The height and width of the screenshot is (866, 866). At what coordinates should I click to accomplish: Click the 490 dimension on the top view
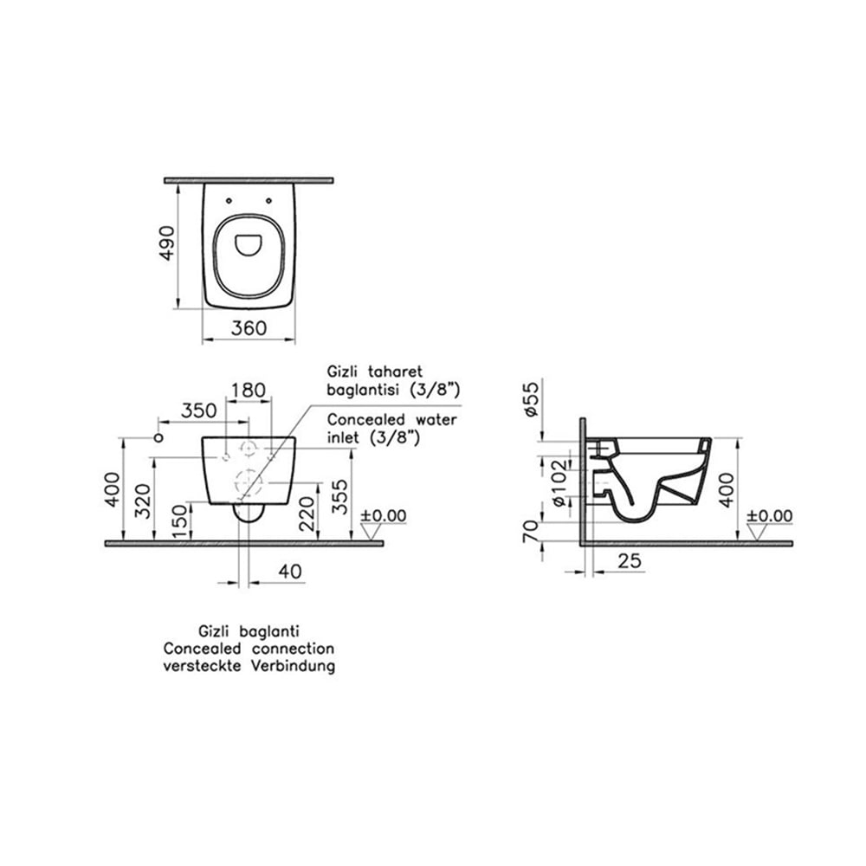(x=166, y=243)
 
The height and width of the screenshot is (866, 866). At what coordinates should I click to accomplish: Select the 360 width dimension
(x=249, y=328)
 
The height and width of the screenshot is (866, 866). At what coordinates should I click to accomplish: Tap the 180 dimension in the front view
(x=248, y=391)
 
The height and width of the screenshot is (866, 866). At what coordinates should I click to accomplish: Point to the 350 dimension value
(x=199, y=410)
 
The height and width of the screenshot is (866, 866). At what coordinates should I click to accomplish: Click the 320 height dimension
(x=143, y=501)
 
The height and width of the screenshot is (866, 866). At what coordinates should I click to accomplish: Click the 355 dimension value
(x=340, y=497)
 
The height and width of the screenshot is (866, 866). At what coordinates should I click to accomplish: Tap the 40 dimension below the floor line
(x=290, y=571)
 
